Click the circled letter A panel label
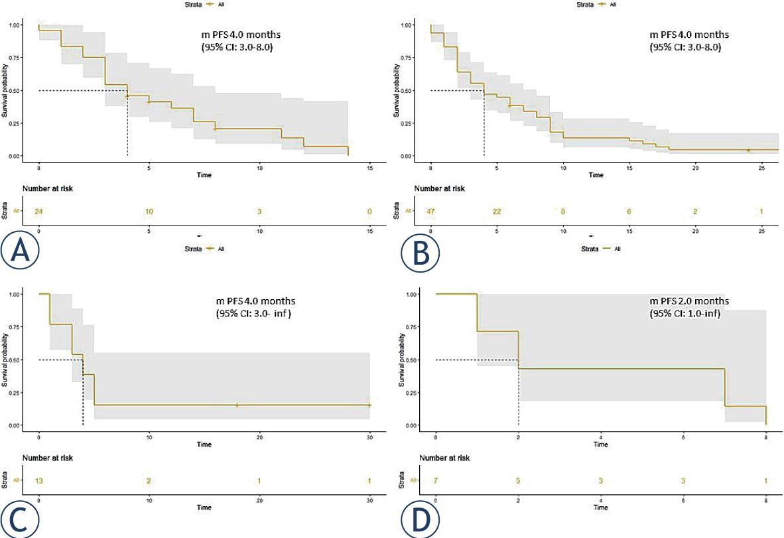coord(20,250)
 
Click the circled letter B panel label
coord(419,250)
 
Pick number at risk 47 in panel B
coord(431,212)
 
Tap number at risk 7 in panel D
coord(435,480)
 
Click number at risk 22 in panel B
coord(497,212)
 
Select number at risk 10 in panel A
coord(149,212)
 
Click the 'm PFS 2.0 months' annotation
coord(690,301)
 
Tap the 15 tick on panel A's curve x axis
coord(370,168)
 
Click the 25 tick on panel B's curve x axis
coord(761,168)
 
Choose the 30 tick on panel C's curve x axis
coord(369,437)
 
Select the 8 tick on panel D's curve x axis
coord(765,437)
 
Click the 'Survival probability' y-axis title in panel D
coord(401,360)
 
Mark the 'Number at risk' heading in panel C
coord(48,458)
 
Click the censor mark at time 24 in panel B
coord(748,151)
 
